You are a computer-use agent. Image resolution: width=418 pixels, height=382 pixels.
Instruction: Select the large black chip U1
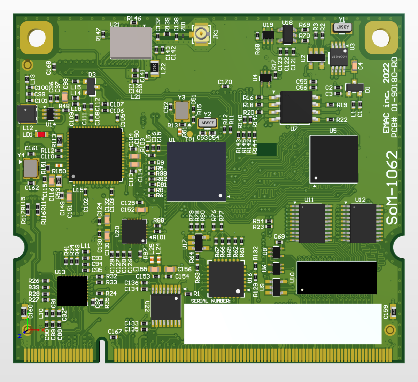pyautogui.click(x=196, y=171)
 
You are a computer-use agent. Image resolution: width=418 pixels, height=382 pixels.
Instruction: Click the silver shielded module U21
pyautogui.click(x=131, y=42)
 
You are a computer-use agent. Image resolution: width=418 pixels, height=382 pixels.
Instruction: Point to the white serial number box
pyautogui.click(x=282, y=324)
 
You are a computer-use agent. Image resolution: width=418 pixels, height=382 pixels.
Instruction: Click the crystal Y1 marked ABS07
pyautogui.click(x=342, y=27)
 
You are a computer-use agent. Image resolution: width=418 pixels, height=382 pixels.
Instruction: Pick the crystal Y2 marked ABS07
pyautogui.click(x=207, y=123)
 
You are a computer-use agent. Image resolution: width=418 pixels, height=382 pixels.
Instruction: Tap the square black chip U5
pyautogui.click(x=334, y=159)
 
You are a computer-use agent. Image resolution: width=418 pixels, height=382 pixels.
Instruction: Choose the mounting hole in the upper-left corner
pyautogui.click(x=37, y=38)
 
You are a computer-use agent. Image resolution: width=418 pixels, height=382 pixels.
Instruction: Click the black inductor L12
pyautogui.click(x=26, y=114)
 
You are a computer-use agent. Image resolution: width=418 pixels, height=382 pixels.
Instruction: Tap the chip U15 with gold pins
pyautogui.click(x=95, y=155)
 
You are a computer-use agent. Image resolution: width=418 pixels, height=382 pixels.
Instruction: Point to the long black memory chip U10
pyautogui.click(x=336, y=278)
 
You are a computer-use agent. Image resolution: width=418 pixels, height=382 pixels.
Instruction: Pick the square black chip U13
pyautogui.click(x=72, y=291)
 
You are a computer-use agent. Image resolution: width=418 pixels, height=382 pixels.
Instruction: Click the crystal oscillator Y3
pyautogui.click(x=182, y=111)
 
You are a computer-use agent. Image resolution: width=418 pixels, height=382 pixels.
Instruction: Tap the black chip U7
pyautogui.click(x=296, y=107)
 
